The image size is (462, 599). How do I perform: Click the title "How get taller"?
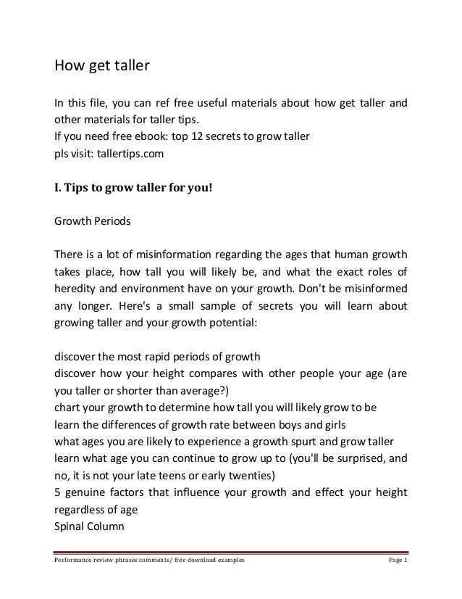(102, 67)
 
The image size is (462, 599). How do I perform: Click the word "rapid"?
(173, 355)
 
